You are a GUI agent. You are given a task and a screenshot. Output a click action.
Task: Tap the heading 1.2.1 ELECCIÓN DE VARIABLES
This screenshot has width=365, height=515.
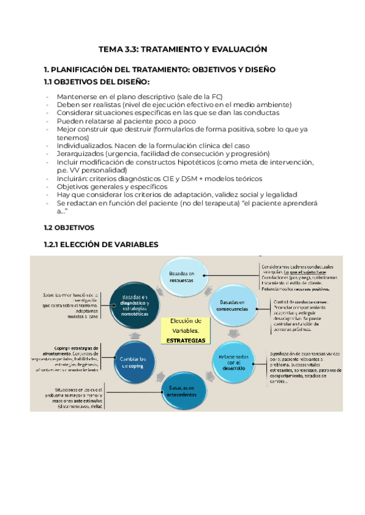[101, 244]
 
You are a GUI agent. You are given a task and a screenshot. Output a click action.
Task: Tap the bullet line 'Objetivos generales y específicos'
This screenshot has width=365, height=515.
[112, 187]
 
